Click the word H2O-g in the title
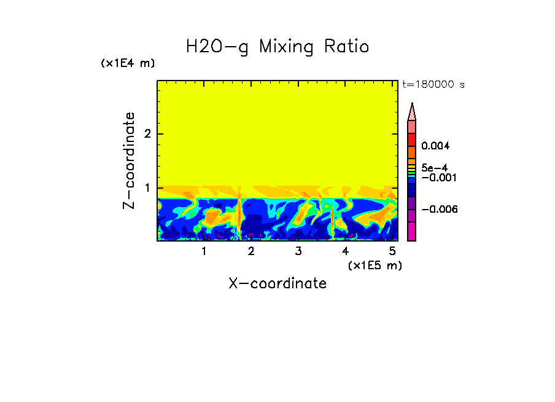(x=217, y=47)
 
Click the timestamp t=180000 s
(x=433, y=85)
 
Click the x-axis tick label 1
(x=204, y=251)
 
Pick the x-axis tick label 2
(x=251, y=251)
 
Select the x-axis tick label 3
(x=298, y=251)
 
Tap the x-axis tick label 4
(x=345, y=251)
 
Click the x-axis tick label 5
(x=392, y=251)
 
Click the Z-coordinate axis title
(x=129, y=160)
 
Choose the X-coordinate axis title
(x=277, y=283)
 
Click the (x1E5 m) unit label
(x=375, y=265)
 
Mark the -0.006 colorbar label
(x=440, y=210)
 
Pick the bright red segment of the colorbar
(x=412, y=139)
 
